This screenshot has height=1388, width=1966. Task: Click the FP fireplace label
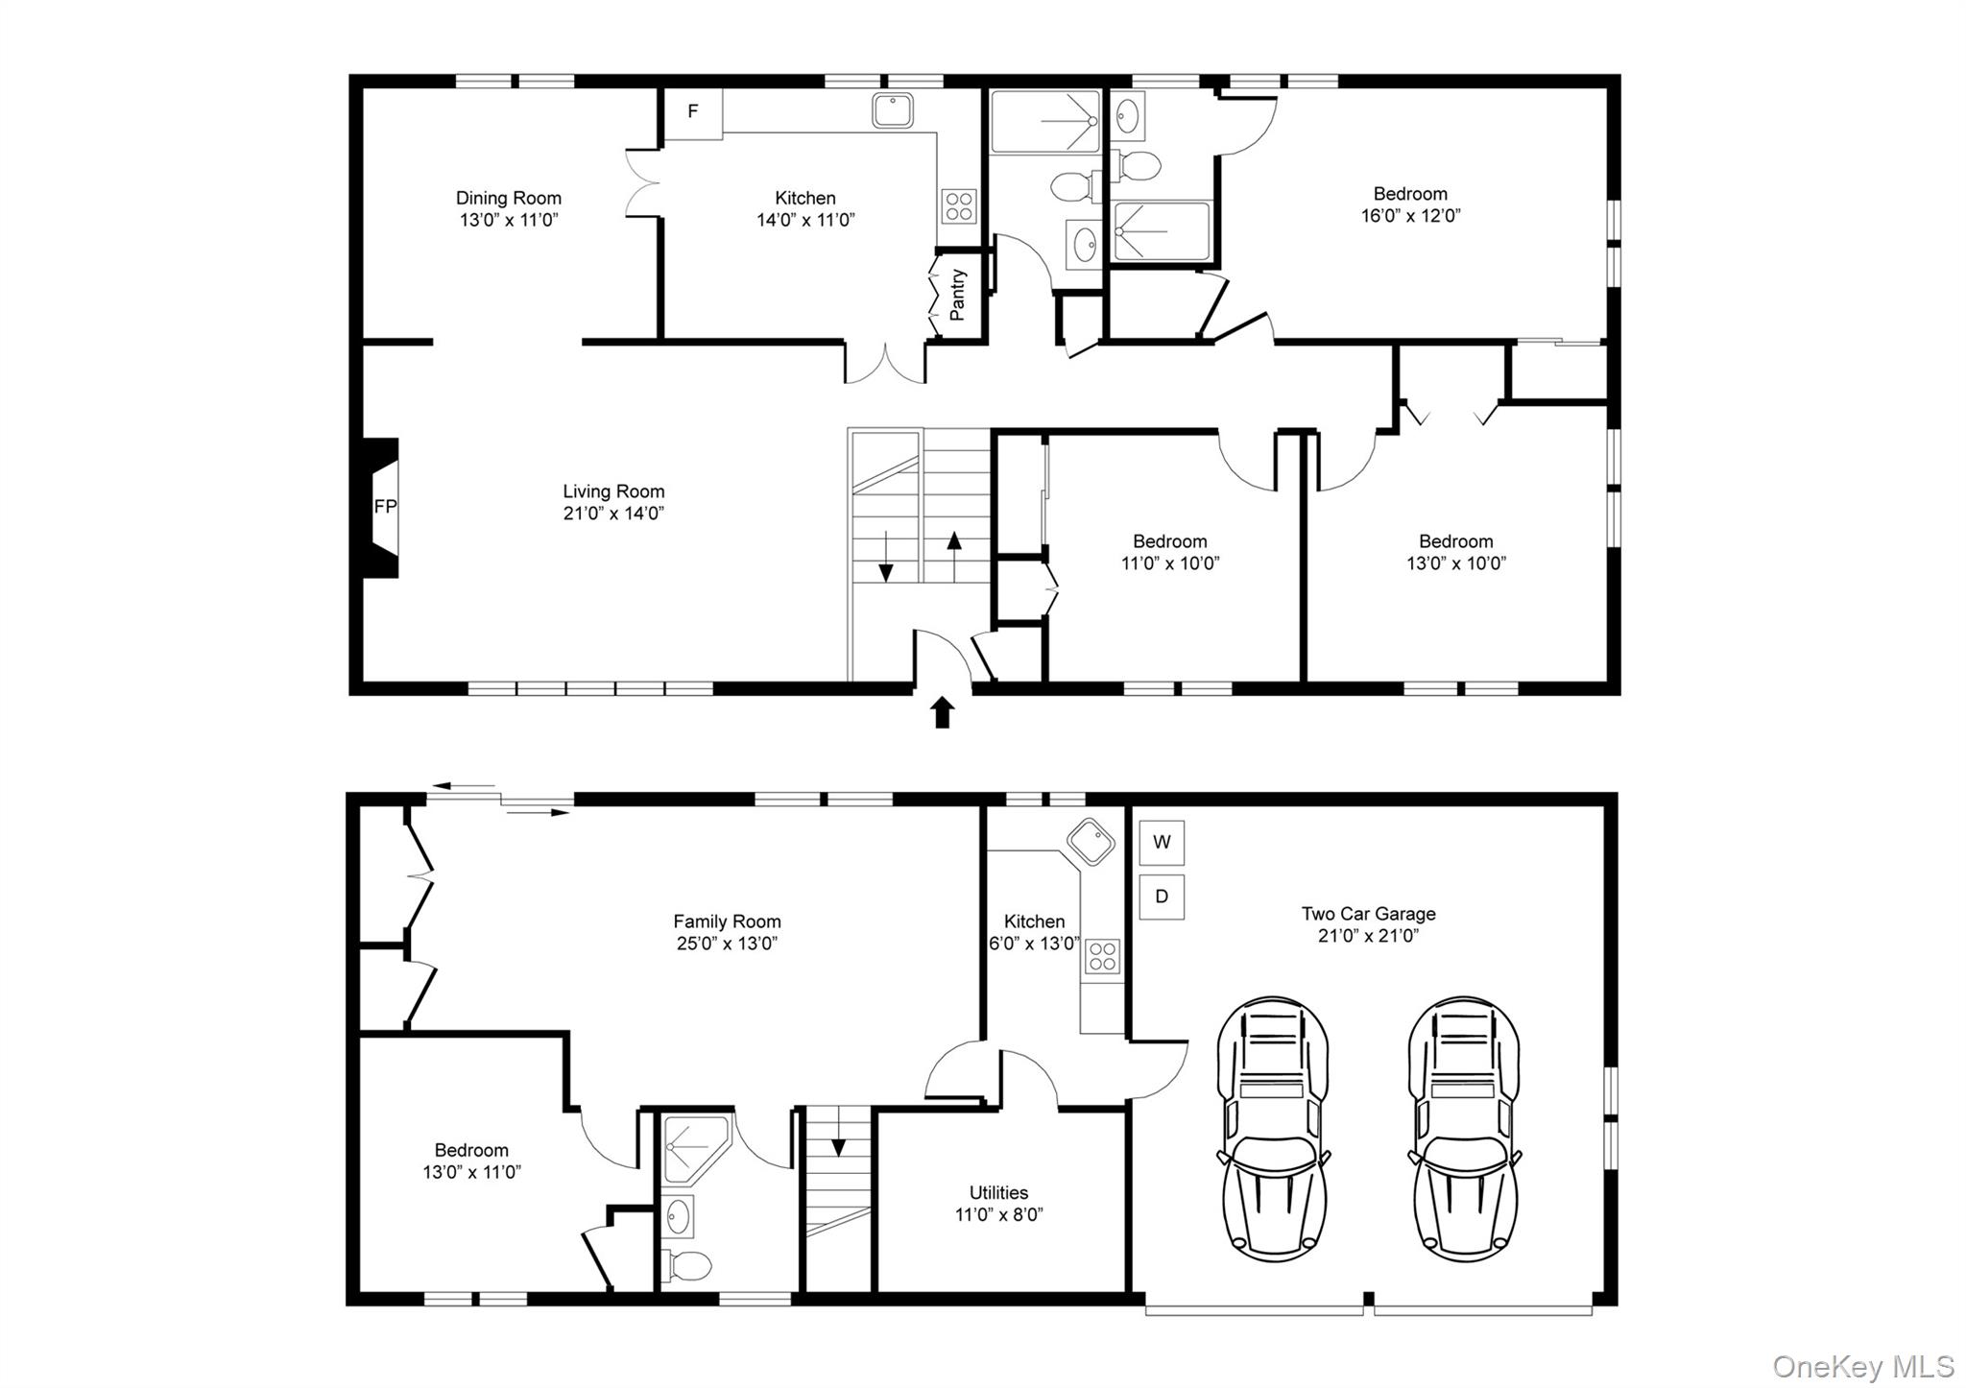(385, 507)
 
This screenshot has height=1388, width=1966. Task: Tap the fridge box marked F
(692, 112)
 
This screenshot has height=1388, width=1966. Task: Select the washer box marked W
(1162, 843)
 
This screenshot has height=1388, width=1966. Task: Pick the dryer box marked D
(1162, 897)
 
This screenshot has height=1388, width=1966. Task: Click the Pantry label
(957, 295)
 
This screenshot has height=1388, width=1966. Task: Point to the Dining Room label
(509, 198)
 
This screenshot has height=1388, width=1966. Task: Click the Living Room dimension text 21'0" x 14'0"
(613, 514)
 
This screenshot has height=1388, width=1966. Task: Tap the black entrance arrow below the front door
(942, 713)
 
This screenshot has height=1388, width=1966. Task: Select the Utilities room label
(998, 1192)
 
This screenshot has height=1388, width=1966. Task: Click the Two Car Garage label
(1369, 914)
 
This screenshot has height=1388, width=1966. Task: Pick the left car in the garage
(1273, 1129)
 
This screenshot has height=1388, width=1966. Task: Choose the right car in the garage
(1464, 1129)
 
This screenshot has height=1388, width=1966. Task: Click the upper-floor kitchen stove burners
(959, 204)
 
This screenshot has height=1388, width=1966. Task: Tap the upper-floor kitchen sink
(894, 110)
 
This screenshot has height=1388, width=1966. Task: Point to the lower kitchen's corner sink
(1091, 842)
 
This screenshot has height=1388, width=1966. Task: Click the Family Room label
(727, 921)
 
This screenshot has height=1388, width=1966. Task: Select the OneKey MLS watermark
(1862, 1366)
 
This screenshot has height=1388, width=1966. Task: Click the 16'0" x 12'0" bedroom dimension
(1410, 216)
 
